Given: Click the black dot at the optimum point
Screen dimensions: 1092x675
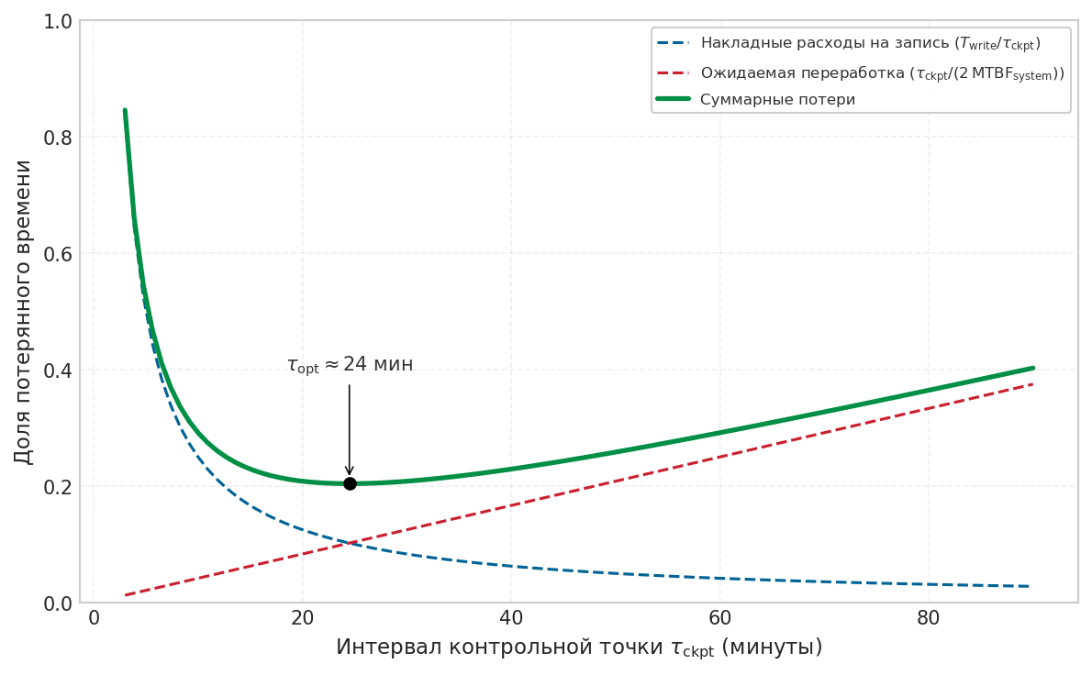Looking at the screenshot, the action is click(x=350, y=483).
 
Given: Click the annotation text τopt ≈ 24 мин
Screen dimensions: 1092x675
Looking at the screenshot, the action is click(x=351, y=365).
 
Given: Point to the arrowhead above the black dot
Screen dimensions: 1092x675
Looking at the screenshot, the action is click(x=350, y=470).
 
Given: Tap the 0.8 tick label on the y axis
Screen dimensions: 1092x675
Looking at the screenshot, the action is click(x=58, y=138).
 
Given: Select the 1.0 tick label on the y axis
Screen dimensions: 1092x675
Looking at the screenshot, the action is click(x=58, y=22).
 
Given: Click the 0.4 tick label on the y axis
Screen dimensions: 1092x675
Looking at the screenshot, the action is click(x=58, y=371).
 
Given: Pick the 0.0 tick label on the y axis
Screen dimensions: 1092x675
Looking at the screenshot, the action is click(x=58, y=603).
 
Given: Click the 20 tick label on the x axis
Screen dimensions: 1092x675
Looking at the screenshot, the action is click(x=302, y=618).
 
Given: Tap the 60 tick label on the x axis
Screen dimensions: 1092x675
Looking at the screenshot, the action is click(x=719, y=618).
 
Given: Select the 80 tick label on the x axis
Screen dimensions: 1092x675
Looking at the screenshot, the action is click(x=929, y=618).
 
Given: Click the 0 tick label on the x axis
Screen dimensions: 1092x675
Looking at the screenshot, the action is click(x=94, y=618).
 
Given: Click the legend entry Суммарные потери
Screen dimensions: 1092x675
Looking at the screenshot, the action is click(x=778, y=100).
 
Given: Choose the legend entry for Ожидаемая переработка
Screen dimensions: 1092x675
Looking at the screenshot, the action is click(x=883, y=73).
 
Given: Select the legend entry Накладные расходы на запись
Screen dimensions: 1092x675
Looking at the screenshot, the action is click(x=871, y=43).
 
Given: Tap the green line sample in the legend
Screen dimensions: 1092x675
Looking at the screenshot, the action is click(x=673, y=99).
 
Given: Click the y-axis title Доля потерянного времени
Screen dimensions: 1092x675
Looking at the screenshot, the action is click(x=23, y=312).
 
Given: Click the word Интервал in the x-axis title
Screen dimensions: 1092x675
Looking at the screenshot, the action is click(x=389, y=647).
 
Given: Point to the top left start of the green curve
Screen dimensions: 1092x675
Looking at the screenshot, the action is click(x=125, y=110).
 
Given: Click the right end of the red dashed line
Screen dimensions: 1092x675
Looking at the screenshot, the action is click(x=1032, y=384).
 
